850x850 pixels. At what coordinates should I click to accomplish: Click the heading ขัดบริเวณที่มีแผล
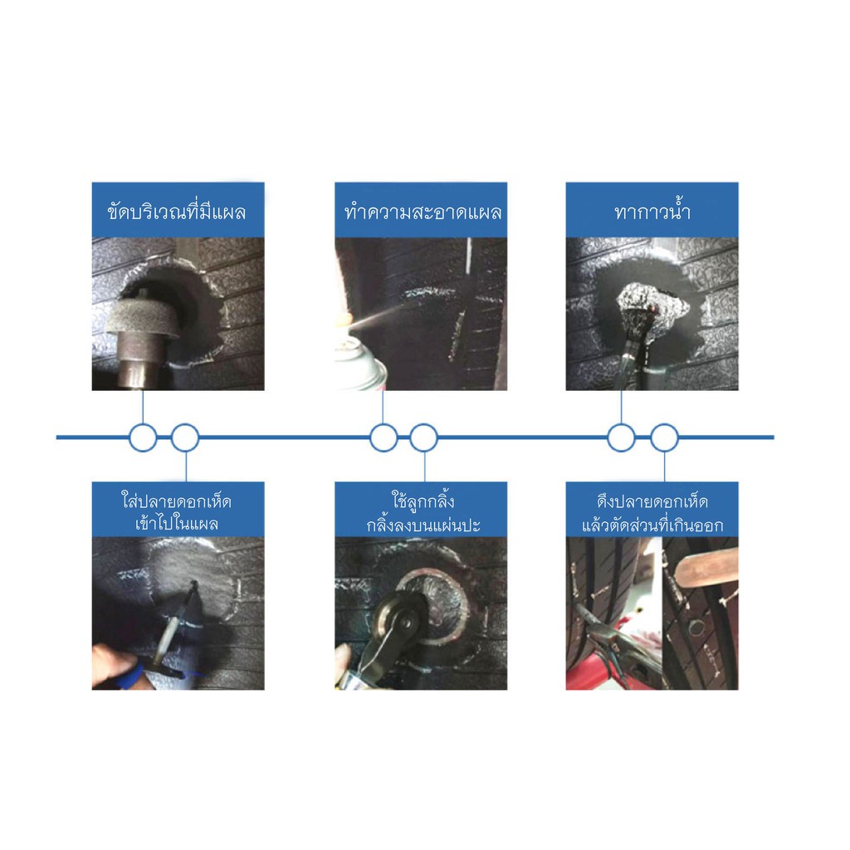[177, 211]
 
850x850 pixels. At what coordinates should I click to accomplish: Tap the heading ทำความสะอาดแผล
[423, 212]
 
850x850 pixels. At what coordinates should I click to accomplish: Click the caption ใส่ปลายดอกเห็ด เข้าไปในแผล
[177, 512]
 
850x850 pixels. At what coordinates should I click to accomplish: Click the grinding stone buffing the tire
[146, 319]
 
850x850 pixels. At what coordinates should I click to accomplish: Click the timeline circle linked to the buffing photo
[143, 437]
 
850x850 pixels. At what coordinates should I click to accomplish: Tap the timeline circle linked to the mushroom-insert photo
[185, 437]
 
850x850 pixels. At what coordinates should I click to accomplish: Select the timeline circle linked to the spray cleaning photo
[383, 437]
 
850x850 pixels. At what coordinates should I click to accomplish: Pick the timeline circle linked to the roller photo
[424, 437]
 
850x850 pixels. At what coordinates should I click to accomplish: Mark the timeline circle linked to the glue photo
[621, 437]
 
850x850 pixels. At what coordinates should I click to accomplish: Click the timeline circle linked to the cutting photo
[664, 437]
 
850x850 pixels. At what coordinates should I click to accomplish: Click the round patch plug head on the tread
[696, 629]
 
